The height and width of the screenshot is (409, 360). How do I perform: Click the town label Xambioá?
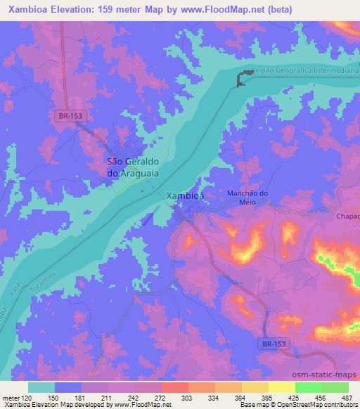185,196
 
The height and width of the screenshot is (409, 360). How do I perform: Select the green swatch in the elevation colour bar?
307,387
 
